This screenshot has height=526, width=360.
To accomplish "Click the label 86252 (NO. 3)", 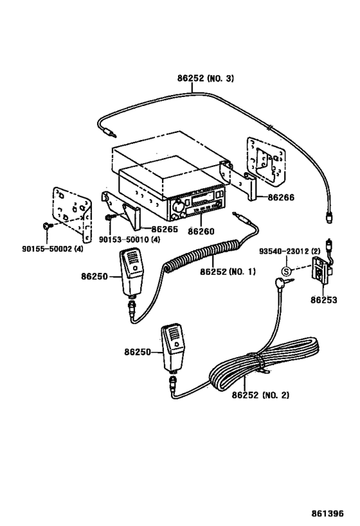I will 205,79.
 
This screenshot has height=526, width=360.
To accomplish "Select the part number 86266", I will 281,197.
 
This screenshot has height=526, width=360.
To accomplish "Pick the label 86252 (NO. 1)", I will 227,271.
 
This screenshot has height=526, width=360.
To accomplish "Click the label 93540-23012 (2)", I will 289,250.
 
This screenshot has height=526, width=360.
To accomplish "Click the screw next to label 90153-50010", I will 109,218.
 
